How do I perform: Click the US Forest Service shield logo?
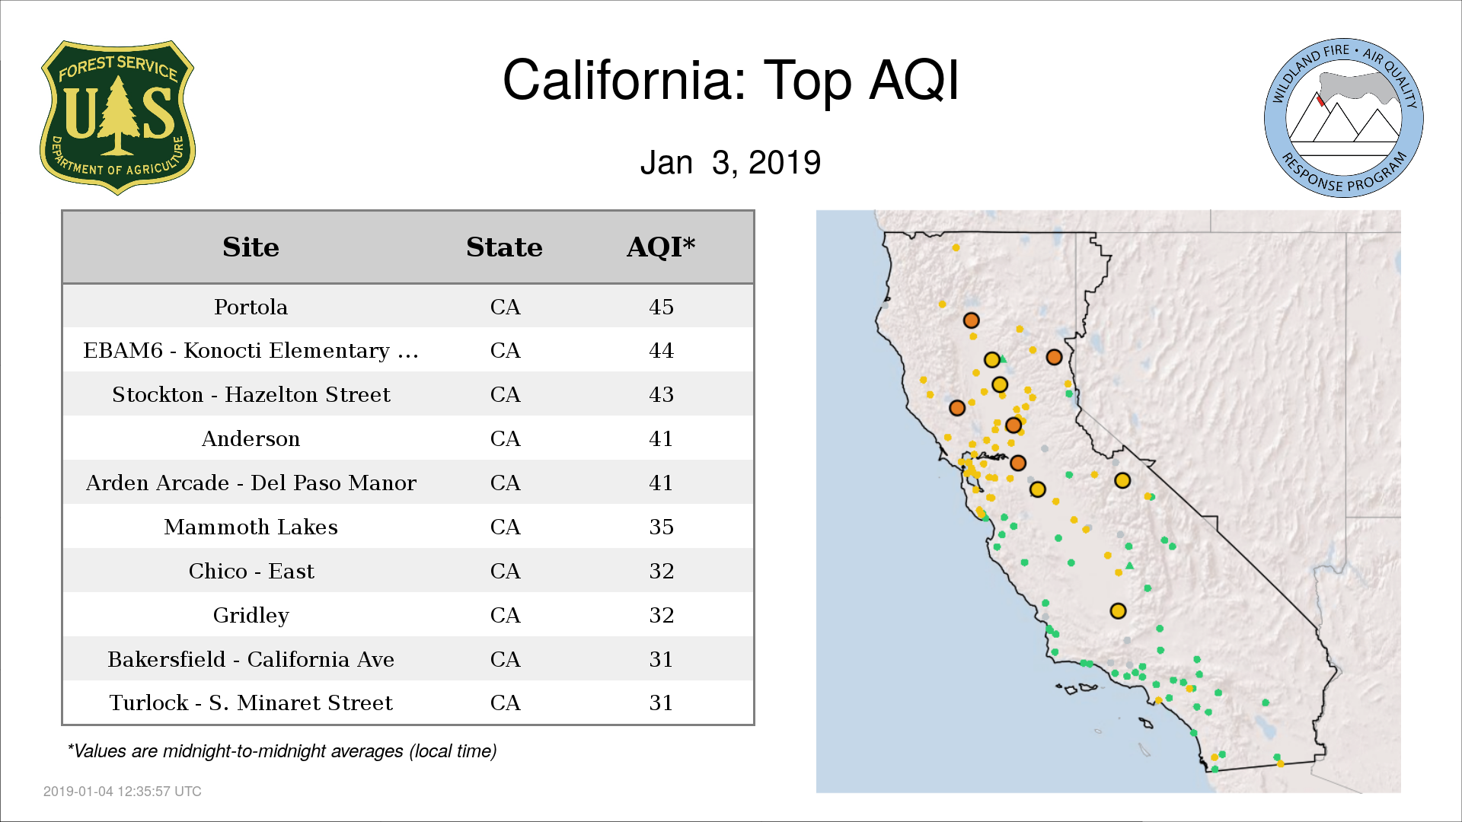[x=118, y=118]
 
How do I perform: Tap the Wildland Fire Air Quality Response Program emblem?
[x=1344, y=118]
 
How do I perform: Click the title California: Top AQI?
[x=731, y=80]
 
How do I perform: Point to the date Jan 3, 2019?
[x=731, y=163]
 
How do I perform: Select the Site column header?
[x=251, y=247]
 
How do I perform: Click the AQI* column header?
[x=661, y=247]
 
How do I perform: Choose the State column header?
[x=504, y=247]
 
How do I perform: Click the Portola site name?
[x=251, y=307]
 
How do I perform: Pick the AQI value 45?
[x=661, y=307]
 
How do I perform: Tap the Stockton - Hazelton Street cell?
[x=251, y=394]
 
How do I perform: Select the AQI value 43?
[x=661, y=394]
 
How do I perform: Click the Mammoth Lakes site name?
[x=251, y=527]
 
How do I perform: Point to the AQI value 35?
[x=661, y=527]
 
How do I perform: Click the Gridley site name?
[x=251, y=616]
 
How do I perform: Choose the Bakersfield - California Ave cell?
[x=251, y=659]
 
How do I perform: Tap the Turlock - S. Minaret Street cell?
[x=251, y=703]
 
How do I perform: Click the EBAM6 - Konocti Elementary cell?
[x=251, y=350]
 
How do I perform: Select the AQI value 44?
[x=661, y=350]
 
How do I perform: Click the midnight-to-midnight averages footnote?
[x=282, y=751]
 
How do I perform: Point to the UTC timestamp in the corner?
[x=123, y=792]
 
